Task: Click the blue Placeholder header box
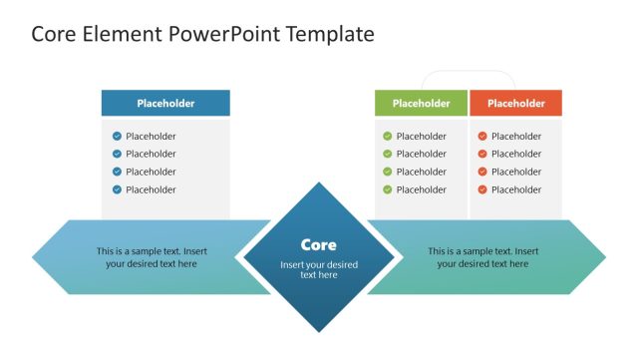[x=165, y=103]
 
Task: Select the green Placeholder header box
[x=421, y=103]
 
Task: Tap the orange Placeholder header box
[x=515, y=103]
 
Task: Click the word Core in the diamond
[x=319, y=244]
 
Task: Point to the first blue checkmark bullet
[x=117, y=137]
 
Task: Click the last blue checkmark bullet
[x=117, y=189]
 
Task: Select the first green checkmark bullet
[x=387, y=137]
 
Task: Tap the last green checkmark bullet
[x=387, y=189]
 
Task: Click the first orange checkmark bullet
[x=482, y=137]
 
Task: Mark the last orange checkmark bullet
[x=482, y=189]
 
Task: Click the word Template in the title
[x=330, y=34]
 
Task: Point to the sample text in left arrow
[x=152, y=257]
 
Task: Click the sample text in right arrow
[x=483, y=257]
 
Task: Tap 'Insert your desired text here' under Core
[x=319, y=269]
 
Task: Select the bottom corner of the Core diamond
[x=319, y=330]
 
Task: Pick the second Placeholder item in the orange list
[x=516, y=154]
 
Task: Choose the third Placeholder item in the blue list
[x=151, y=172]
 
